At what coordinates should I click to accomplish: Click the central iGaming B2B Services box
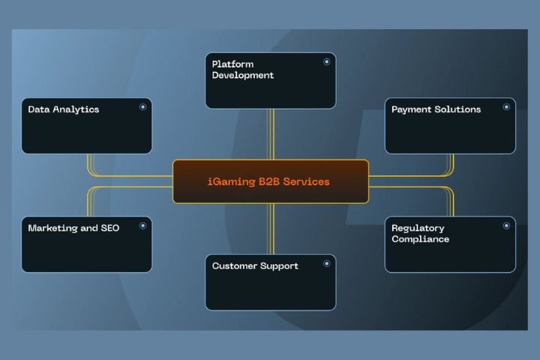(x=271, y=181)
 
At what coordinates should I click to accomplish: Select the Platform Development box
(x=270, y=80)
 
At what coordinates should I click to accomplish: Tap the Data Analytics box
(x=86, y=126)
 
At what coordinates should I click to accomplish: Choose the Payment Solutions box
(x=450, y=126)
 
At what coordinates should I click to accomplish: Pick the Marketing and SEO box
(x=86, y=244)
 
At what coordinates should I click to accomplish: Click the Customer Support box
(x=270, y=282)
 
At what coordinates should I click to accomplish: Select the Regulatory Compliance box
(x=450, y=244)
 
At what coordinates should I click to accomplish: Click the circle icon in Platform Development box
(x=326, y=62)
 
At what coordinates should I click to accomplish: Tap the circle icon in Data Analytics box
(x=142, y=107)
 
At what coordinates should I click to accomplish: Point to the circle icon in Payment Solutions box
(x=506, y=107)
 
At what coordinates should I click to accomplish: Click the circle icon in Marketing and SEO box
(x=142, y=226)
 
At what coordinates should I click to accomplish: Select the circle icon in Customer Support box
(x=326, y=264)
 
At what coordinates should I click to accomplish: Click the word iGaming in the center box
(x=229, y=181)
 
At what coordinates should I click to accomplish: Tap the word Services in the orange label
(x=306, y=181)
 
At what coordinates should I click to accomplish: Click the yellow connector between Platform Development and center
(x=271, y=133)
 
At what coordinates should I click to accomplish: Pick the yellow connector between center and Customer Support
(x=271, y=229)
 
